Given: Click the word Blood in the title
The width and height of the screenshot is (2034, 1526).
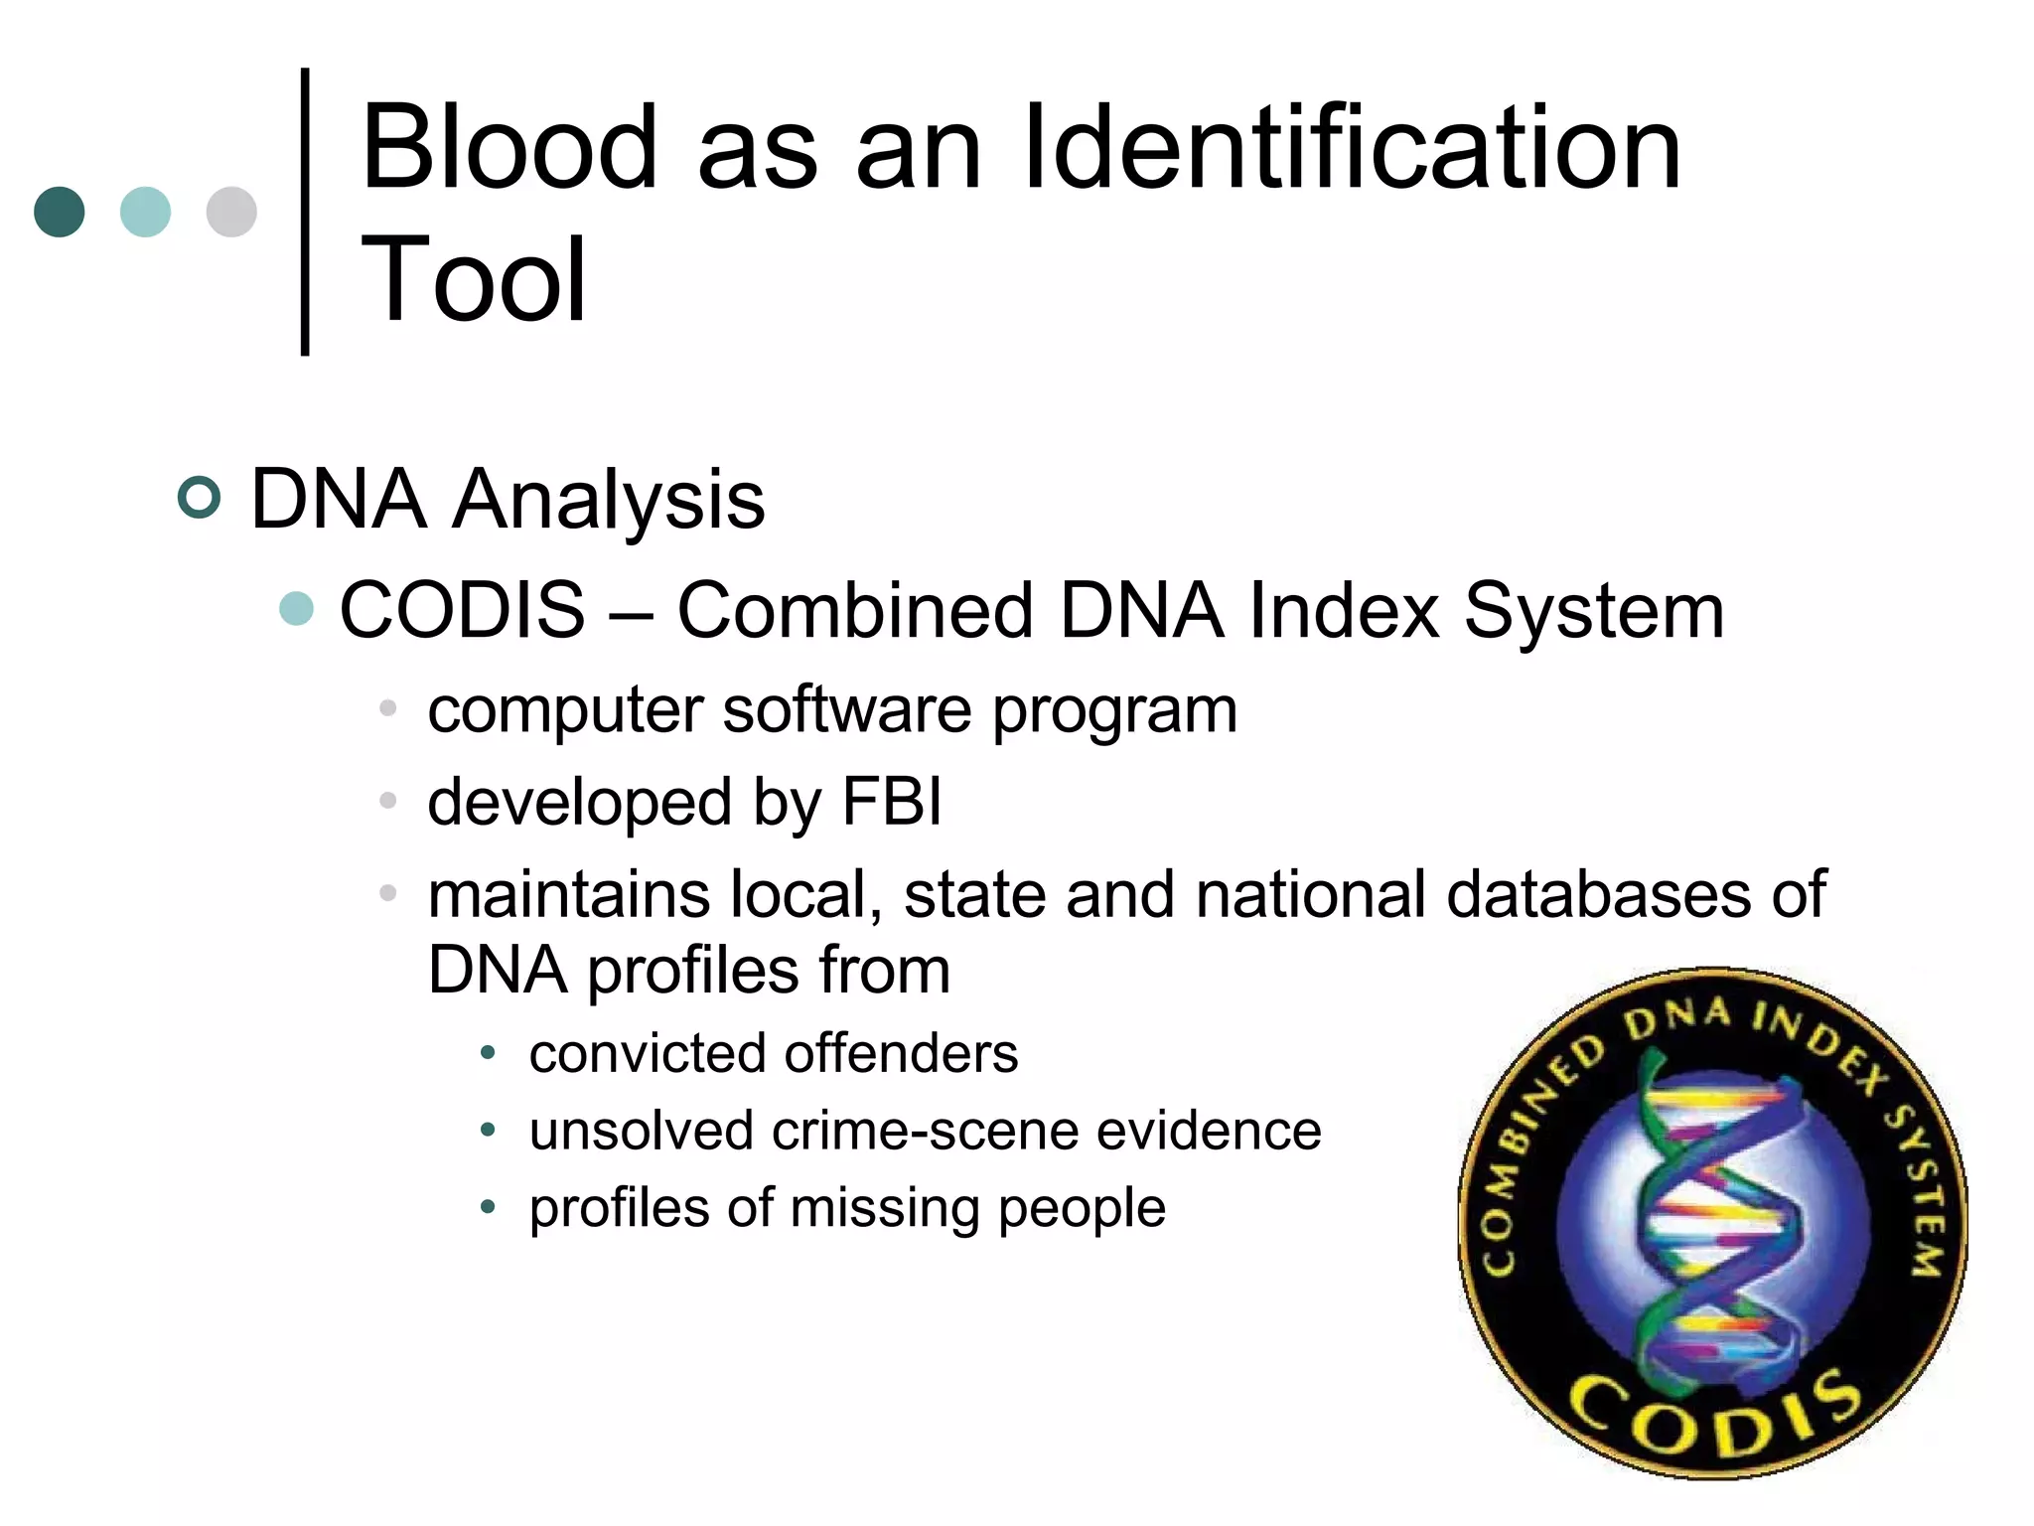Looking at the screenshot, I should point(509,149).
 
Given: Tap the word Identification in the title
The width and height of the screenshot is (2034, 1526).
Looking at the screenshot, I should point(1352,149).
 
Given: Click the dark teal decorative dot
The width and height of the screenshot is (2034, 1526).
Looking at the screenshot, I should point(60,212).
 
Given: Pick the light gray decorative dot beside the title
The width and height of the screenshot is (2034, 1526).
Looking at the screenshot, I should point(231,212).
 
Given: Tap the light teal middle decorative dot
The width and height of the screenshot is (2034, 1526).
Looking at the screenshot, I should point(145,212).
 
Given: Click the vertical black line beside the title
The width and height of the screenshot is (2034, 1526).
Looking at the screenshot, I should point(305,211).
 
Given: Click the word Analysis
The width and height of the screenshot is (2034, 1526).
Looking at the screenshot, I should point(609,499).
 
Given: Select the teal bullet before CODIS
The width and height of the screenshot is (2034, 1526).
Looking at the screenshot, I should point(296,608).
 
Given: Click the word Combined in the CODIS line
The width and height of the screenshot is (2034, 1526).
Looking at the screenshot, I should point(855,610).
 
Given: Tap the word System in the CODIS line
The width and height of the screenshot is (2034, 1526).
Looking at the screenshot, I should point(1593,610).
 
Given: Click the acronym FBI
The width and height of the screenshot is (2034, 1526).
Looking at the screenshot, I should point(891,801).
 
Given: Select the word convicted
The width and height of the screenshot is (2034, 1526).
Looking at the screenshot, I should point(637,1053).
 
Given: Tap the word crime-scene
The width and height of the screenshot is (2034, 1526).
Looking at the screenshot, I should point(925,1131).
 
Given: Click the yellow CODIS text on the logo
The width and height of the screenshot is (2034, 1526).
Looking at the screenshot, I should point(1716,1415).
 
